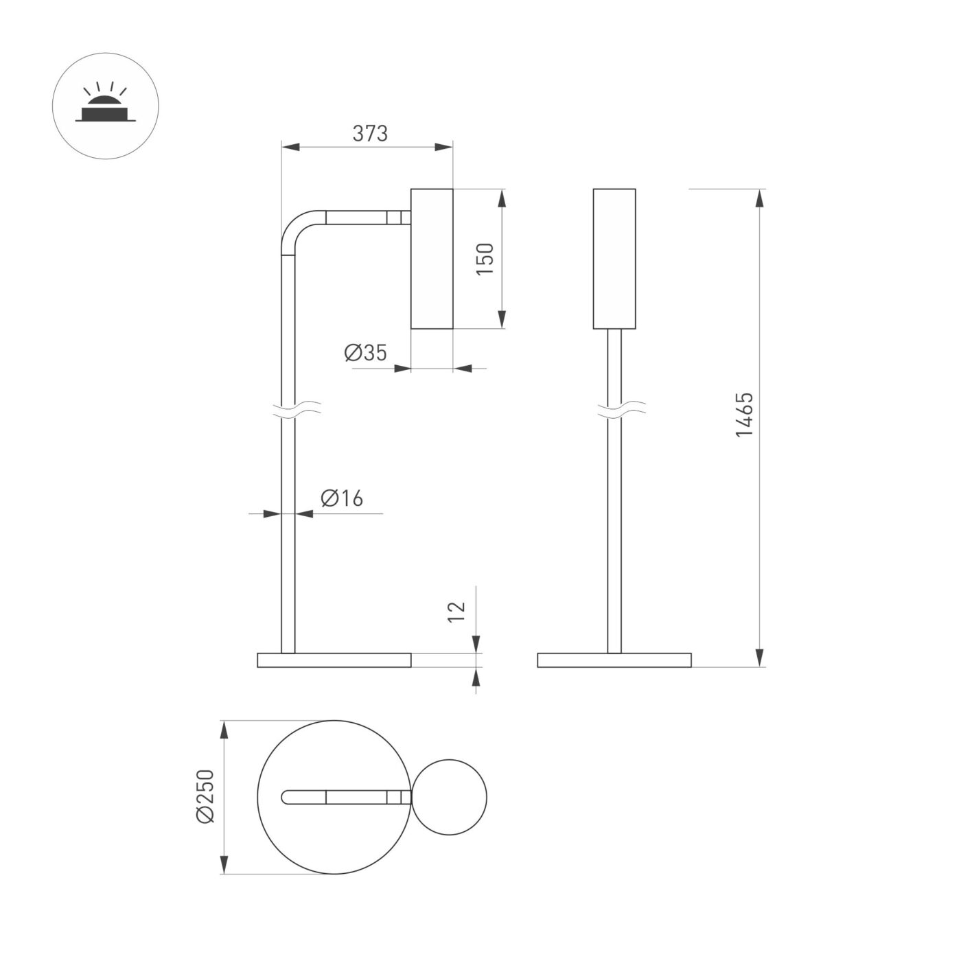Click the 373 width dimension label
pyautogui.click(x=370, y=133)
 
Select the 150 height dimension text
pyautogui.click(x=485, y=259)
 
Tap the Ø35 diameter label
pyautogui.click(x=365, y=353)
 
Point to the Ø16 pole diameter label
pyautogui.click(x=341, y=498)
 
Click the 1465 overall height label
pyautogui.click(x=745, y=415)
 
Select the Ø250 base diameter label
pyautogui.click(x=205, y=796)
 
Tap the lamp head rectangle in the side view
pyautogui.click(x=432, y=259)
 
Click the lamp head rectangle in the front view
pyautogui.click(x=614, y=259)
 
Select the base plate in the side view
pyautogui.click(x=334, y=660)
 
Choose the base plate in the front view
pyautogui.click(x=614, y=660)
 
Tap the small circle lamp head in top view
pyautogui.click(x=449, y=797)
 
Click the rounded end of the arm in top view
pyautogui.click(x=287, y=797)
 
